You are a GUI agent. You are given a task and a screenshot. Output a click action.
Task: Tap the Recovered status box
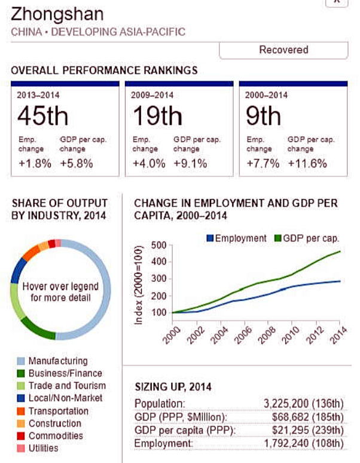283,50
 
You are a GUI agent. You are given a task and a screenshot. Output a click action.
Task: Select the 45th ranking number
42,116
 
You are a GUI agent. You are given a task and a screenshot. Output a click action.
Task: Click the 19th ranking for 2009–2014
156,116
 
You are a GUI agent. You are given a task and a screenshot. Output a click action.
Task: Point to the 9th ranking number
263,116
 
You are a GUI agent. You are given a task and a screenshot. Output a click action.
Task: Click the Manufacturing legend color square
20,361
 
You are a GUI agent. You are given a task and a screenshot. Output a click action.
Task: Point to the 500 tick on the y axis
158,245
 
